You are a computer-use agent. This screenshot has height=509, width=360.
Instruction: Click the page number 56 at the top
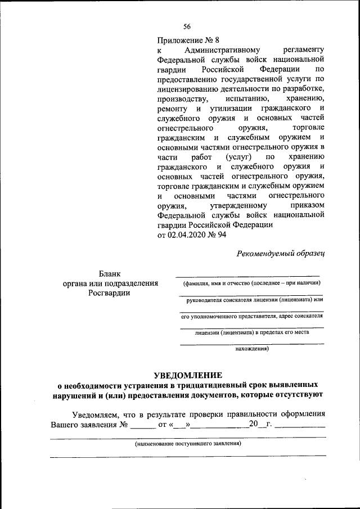(187, 26)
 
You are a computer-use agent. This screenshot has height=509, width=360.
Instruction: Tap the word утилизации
(231, 108)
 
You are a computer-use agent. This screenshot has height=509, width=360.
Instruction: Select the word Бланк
(110, 273)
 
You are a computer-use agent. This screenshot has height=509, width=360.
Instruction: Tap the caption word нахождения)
(251, 349)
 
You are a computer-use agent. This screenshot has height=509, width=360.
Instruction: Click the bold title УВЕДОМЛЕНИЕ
(188, 375)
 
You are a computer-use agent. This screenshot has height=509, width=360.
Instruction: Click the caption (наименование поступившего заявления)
(188, 444)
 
